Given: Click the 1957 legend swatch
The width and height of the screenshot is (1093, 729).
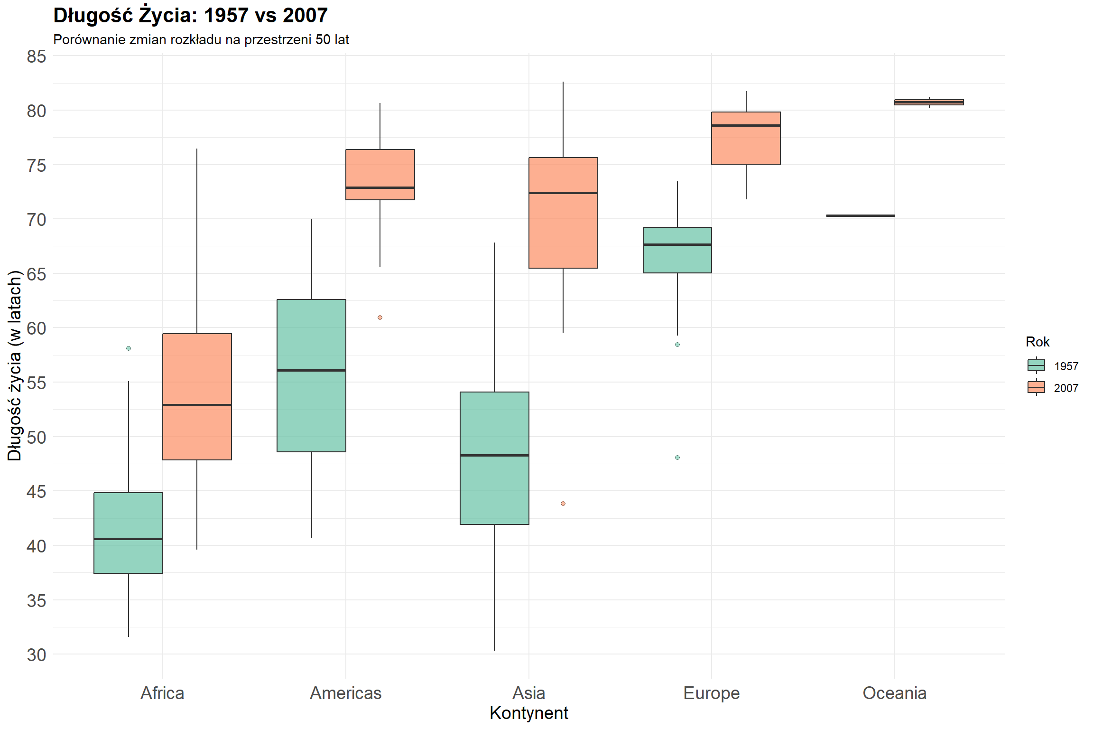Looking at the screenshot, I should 1036,365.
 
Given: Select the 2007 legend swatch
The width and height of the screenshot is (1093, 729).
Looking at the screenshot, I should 1036,387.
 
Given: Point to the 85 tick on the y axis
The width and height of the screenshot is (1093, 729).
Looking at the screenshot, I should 37,56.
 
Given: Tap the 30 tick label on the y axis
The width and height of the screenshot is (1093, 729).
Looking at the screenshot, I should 37,655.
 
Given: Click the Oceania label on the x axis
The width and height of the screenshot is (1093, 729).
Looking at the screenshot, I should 894,693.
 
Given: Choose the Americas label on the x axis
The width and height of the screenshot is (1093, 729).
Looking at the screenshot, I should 346,693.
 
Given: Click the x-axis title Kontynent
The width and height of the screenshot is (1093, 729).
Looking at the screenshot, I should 528,713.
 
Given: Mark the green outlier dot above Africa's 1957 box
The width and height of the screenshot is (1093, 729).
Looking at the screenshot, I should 129,348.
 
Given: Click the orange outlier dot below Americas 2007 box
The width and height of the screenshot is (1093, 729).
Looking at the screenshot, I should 380,318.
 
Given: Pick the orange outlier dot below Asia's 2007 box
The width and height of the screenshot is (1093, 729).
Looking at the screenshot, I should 563,504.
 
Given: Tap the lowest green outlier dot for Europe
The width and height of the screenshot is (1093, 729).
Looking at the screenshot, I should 677,458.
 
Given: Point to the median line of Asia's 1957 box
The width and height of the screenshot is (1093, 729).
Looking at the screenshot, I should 494,455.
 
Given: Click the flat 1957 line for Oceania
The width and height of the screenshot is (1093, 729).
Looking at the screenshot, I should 860,215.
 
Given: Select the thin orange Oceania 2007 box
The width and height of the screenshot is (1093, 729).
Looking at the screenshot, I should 929,102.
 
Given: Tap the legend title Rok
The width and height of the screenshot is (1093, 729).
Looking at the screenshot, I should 1037,342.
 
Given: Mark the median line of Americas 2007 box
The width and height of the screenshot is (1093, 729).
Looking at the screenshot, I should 380,187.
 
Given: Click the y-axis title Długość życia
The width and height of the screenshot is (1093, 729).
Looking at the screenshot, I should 15,365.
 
